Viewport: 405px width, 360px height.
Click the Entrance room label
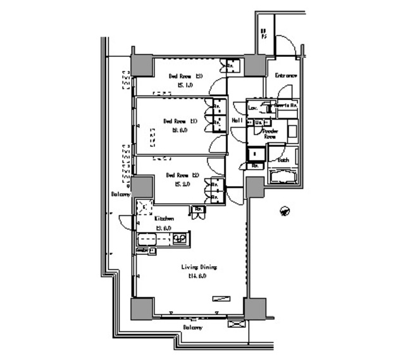click(x=285, y=76)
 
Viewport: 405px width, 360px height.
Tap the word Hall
click(x=238, y=120)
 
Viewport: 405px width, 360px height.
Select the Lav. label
click(x=252, y=108)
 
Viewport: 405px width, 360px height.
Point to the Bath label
click(x=283, y=160)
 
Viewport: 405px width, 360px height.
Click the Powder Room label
click(x=270, y=133)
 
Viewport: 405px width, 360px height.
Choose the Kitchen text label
click(x=165, y=218)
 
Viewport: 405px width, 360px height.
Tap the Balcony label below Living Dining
click(x=193, y=328)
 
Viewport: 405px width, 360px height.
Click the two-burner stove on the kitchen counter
click(x=179, y=239)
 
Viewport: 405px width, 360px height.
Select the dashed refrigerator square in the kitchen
click(x=145, y=207)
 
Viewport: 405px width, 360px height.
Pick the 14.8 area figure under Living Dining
click(x=197, y=276)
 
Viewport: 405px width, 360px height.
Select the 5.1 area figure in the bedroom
click(x=185, y=85)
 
